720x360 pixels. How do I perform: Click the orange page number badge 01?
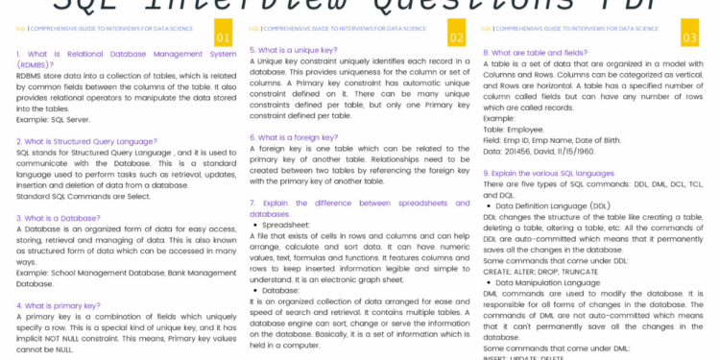click(223, 37)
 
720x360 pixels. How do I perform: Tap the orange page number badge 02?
click(456, 37)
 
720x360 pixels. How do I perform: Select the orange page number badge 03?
click(689, 37)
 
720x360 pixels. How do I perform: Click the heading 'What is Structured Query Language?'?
click(85, 141)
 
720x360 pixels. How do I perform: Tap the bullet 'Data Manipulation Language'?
click(547, 282)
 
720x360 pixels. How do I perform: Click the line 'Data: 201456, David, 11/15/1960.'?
click(540, 151)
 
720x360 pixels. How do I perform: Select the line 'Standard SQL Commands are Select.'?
click(83, 196)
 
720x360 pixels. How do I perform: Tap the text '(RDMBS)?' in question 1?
click(36, 64)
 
